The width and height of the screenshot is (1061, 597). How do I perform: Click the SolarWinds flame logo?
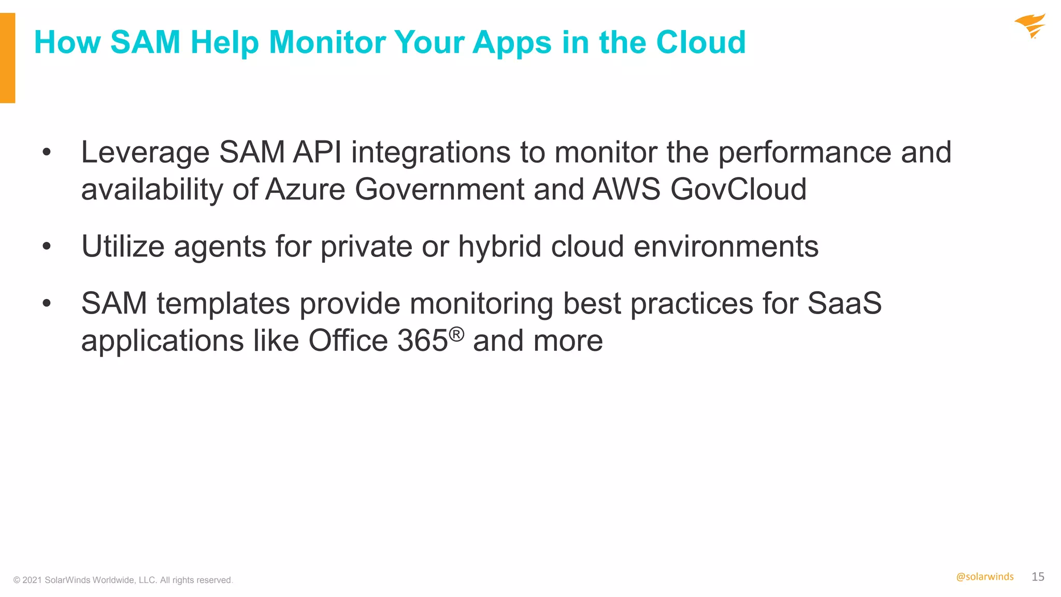pos(1030,26)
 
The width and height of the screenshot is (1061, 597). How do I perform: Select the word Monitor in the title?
pos(327,42)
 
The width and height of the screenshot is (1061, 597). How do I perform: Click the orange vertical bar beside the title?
pos(7,58)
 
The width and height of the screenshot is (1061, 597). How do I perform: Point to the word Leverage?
pos(145,152)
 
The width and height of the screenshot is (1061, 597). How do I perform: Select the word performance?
pos(805,153)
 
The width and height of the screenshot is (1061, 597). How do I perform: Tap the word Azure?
pos(305,189)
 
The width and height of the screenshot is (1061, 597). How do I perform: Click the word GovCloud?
pos(738,189)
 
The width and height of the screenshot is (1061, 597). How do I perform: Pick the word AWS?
pos(626,189)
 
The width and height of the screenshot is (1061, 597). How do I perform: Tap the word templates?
pos(223,304)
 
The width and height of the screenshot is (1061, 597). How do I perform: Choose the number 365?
pos(422,341)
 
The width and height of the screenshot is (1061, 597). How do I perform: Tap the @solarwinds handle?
pos(984,577)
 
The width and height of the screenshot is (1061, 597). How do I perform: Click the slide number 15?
pos(1038,577)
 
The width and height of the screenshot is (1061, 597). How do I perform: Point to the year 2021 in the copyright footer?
pos(32,580)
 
